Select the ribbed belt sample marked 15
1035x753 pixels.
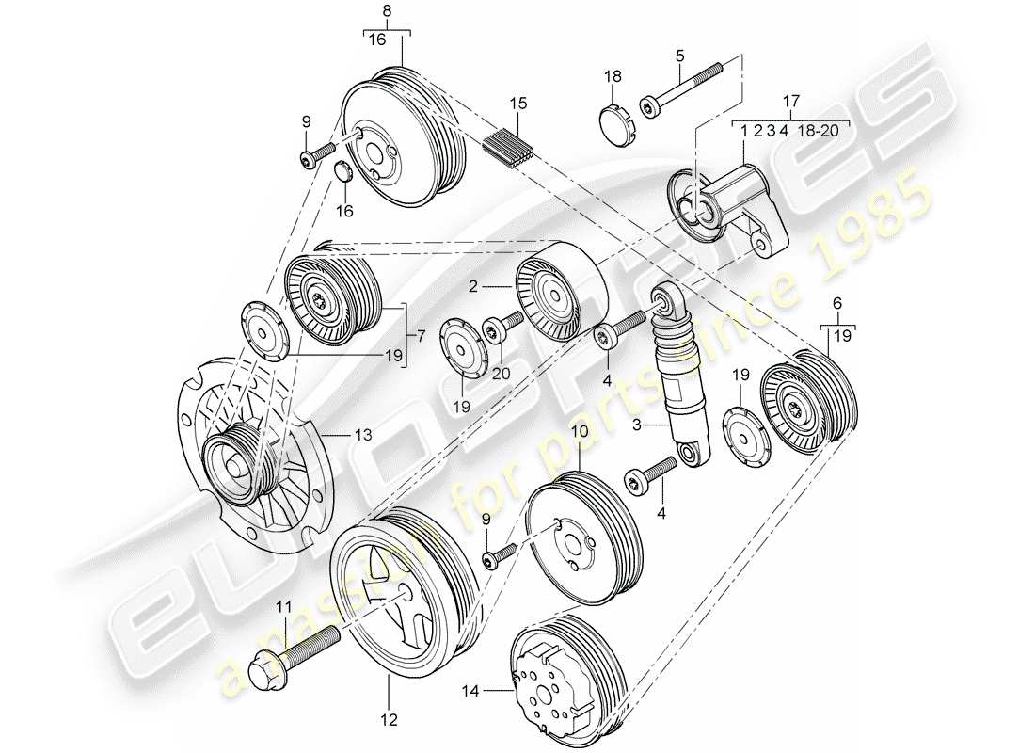[509, 148]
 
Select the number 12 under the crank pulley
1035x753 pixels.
[389, 721]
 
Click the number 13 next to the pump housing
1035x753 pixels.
[363, 435]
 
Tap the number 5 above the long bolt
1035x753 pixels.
[678, 56]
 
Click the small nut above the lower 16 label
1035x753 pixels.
[344, 172]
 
